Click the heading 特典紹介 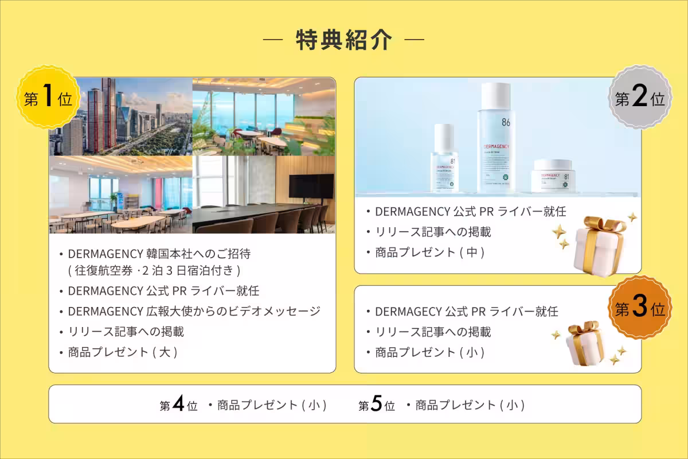coord(344,40)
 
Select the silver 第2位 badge coord(640,99)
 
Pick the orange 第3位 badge coord(640,309)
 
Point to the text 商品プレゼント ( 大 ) coord(122,352)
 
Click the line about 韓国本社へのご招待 coord(159,254)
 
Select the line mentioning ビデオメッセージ coord(194,311)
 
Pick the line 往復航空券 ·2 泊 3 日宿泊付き coord(154,270)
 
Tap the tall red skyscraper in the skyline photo coord(107,115)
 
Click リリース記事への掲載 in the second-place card coord(433,232)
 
